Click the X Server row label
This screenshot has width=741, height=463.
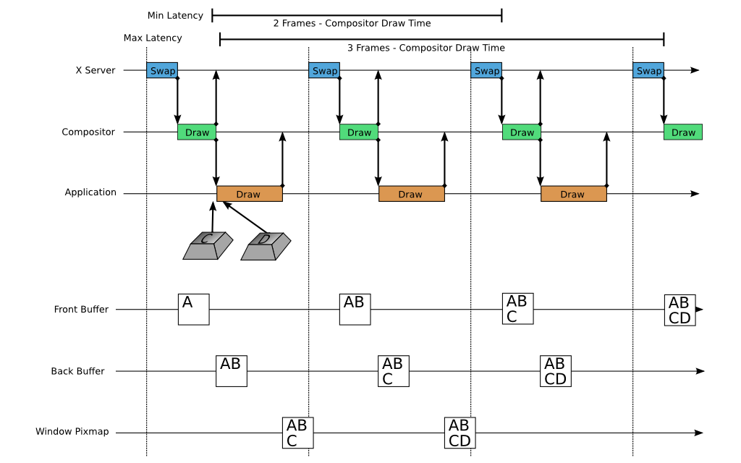96,71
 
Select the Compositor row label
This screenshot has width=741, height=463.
88,132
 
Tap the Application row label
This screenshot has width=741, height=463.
90,192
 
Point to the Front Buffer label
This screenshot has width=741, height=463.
81,310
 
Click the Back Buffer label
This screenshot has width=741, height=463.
77,371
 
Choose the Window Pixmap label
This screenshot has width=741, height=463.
72,432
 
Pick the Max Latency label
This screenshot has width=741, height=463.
153,38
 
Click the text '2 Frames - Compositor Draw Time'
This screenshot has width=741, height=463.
352,24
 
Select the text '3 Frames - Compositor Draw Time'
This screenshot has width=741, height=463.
425,48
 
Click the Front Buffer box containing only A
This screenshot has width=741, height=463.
193,309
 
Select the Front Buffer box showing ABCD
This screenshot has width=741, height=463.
679,310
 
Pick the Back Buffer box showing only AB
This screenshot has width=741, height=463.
232,370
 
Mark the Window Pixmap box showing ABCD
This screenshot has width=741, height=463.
459,433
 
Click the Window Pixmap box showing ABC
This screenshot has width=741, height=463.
297,433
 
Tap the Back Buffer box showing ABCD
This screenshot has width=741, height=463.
555,371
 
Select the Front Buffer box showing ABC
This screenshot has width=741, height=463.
517,309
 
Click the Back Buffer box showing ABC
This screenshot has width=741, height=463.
393,371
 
